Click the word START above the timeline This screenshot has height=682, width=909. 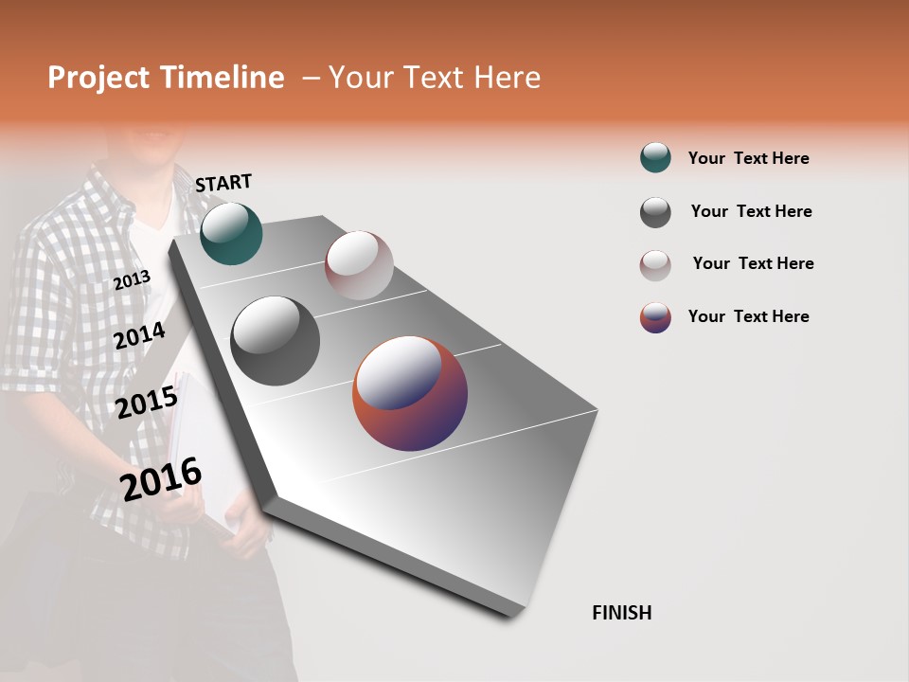point(223,183)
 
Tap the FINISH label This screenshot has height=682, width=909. point(621,613)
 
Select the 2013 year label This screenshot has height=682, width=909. point(132,280)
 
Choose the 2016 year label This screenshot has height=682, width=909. point(161,479)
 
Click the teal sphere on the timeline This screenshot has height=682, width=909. point(231,234)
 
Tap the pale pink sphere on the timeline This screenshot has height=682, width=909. point(359,265)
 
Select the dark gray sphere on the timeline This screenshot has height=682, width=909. point(276,341)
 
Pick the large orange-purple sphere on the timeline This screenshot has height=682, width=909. point(410,393)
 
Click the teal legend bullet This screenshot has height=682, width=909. point(655,158)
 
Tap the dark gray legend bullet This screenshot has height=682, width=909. point(655,212)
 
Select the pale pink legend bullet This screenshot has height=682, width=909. point(655,264)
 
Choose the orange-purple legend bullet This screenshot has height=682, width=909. point(655,317)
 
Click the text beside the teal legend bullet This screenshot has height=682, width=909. point(748,158)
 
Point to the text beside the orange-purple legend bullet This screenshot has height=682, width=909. point(748,316)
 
